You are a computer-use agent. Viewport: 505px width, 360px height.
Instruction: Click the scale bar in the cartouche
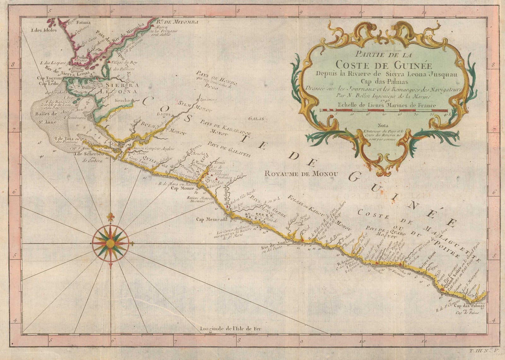click(x=383, y=111)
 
